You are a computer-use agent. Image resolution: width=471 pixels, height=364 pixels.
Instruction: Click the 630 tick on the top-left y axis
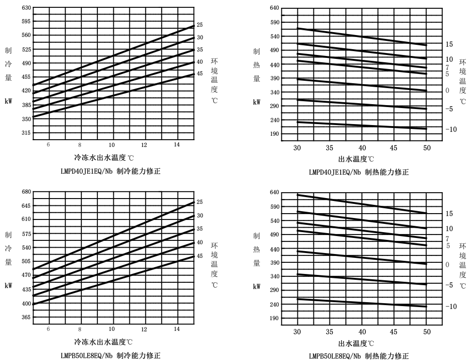point(26,8)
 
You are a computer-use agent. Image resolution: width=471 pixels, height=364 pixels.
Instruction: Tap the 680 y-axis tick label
point(26,192)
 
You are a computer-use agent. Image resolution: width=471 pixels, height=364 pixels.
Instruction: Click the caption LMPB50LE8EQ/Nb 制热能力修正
point(359,356)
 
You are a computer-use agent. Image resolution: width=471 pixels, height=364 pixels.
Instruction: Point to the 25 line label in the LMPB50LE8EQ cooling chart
point(200,202)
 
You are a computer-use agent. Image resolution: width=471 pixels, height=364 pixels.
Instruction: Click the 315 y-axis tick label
point(26,133)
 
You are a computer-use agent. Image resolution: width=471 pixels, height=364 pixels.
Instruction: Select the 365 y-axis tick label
point(26,317)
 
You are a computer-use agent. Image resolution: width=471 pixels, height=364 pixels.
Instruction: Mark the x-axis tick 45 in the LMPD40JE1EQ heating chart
point(394,148)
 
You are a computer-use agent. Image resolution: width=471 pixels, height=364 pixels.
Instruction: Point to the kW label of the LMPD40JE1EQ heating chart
point(256,102)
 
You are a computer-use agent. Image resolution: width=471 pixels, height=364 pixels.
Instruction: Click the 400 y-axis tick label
point(26,304)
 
